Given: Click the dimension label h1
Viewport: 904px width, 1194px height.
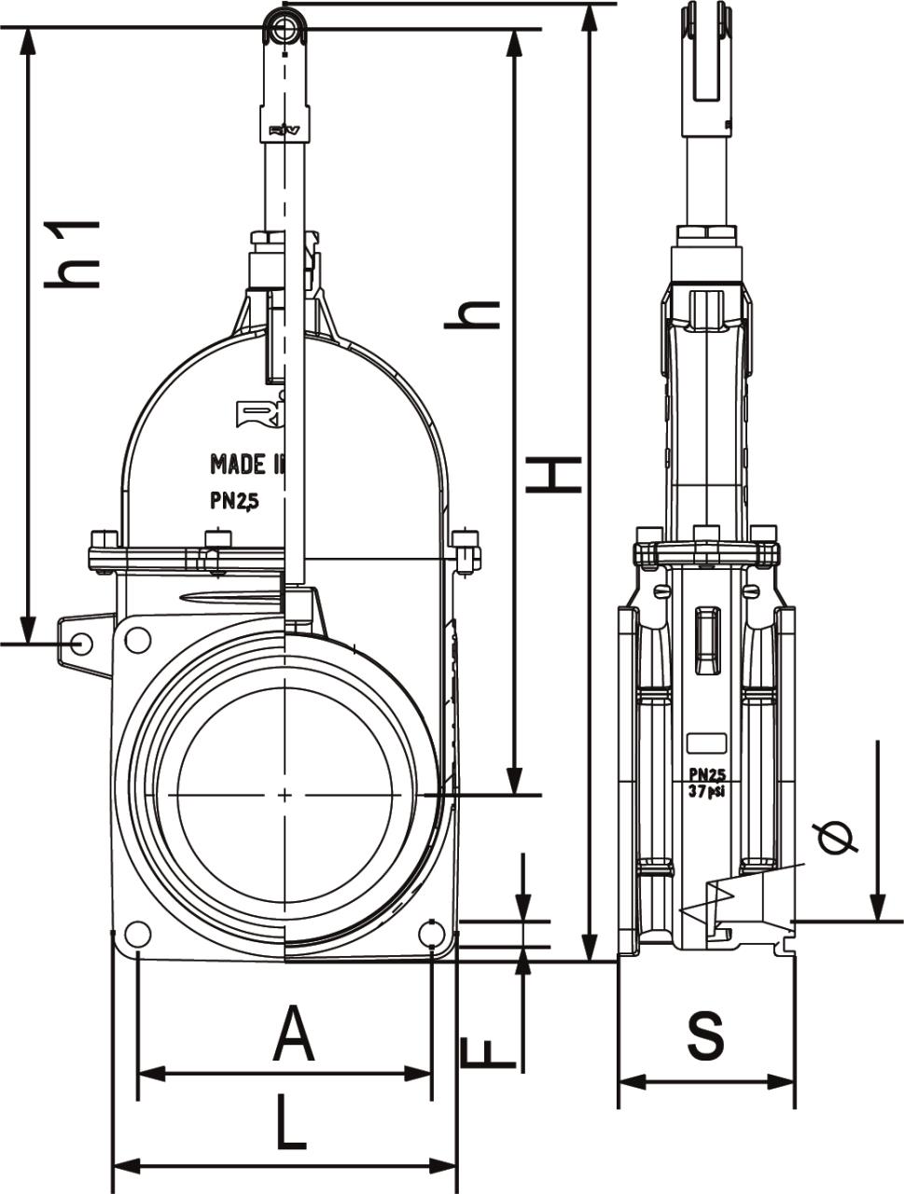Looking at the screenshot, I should [x=73, y=254].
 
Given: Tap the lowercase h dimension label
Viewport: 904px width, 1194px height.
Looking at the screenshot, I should [x=471, y=314].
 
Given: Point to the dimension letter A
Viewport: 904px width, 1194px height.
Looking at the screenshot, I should [x=293, y=1034].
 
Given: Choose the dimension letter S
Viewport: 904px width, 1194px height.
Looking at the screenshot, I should [x=705, y=1035].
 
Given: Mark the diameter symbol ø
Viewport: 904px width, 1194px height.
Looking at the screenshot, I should [x=836, y=838].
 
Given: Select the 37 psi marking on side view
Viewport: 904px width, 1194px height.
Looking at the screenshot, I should [x=707, y=791].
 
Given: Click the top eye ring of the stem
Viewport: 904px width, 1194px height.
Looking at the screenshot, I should [x=283, y=27].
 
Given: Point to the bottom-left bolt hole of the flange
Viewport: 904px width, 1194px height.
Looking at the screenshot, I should [x=137, y=934].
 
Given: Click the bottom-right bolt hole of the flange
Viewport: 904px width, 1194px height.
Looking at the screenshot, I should [x=431, y=933].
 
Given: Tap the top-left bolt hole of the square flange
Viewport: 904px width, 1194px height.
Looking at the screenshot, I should [x=137, y=641].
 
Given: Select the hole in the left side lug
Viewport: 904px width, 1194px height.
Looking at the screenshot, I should [x=81, y=643].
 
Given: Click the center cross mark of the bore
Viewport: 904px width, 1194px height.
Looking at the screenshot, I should [x=285, y=794].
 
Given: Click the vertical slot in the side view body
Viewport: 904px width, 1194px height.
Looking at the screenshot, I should [x=707, y=640].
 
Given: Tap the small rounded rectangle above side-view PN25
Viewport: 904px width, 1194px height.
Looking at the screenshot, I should [x=707, y=743].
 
